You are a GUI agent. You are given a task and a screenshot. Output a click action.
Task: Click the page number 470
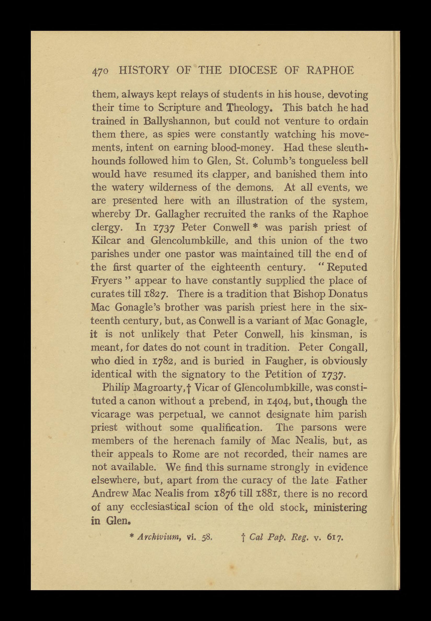[101, 71]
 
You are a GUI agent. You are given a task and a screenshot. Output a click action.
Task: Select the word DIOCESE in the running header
[253, 71]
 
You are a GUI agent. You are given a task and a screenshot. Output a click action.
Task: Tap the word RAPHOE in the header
[330, 71]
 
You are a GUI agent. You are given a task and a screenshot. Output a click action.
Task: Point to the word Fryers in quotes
[107, 281]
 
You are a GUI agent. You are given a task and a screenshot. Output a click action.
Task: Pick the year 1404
[271, 401]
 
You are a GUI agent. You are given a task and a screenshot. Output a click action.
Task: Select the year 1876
[225, 494]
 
